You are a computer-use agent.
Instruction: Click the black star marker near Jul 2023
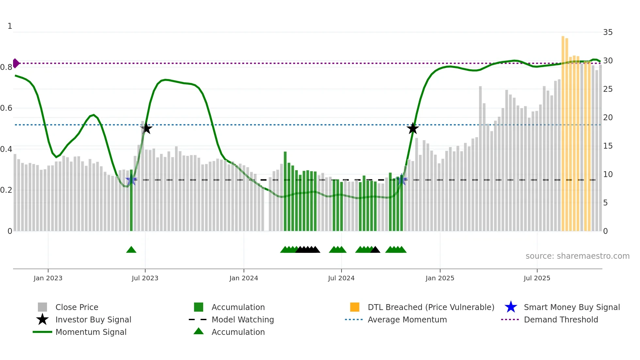point(146,128)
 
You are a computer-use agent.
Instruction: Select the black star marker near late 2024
point(413,128)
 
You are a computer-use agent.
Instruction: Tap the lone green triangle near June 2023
point(131,250)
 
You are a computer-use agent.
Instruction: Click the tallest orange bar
point(563,131)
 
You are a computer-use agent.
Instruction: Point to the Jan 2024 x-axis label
point(244,278)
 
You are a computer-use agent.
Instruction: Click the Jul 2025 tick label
point(537,278)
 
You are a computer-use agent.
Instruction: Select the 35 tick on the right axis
point(608,32)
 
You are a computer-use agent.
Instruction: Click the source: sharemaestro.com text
point(577,256)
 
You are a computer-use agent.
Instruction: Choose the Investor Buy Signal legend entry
point(93,320)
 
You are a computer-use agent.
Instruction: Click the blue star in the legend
point(511,307)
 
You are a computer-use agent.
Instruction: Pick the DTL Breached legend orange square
point(355,307)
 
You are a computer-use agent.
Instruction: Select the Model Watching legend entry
point(243,320)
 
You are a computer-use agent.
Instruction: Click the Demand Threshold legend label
point(561,320)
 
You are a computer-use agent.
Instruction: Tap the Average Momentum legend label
point(407,320)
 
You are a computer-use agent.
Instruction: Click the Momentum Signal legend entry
point(91,332)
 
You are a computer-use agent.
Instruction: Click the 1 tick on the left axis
point(10,26)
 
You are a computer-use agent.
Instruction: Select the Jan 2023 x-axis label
point(48,278)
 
